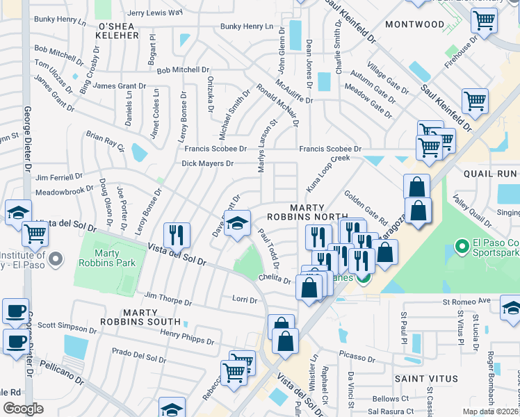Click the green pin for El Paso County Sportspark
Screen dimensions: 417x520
coord(460,246)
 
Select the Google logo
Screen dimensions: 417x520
coord(24,409)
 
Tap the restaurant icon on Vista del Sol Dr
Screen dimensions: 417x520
coord(177,236)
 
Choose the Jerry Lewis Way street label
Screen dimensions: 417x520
coord(154,13)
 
